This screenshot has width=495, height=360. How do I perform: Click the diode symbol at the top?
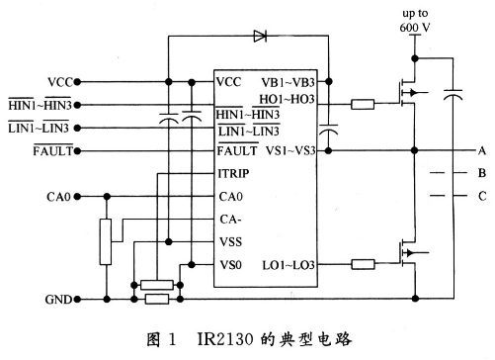pos(260,36)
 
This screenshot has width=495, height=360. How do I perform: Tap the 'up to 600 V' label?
pos(416,19)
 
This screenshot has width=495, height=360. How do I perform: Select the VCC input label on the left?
pos(58,81)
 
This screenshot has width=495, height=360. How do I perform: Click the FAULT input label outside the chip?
pos(49,150)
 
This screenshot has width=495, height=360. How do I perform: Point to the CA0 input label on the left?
pos(58,197)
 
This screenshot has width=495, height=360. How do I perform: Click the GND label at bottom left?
pos(58,298)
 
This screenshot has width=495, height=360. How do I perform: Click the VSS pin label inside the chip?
pos(231,242)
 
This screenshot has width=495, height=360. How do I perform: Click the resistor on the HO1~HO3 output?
pos(363,103)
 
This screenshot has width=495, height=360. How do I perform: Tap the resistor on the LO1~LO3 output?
pos(363,265)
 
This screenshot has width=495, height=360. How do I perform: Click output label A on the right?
pos(481,150)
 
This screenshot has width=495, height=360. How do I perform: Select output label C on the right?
pos(481,196)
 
